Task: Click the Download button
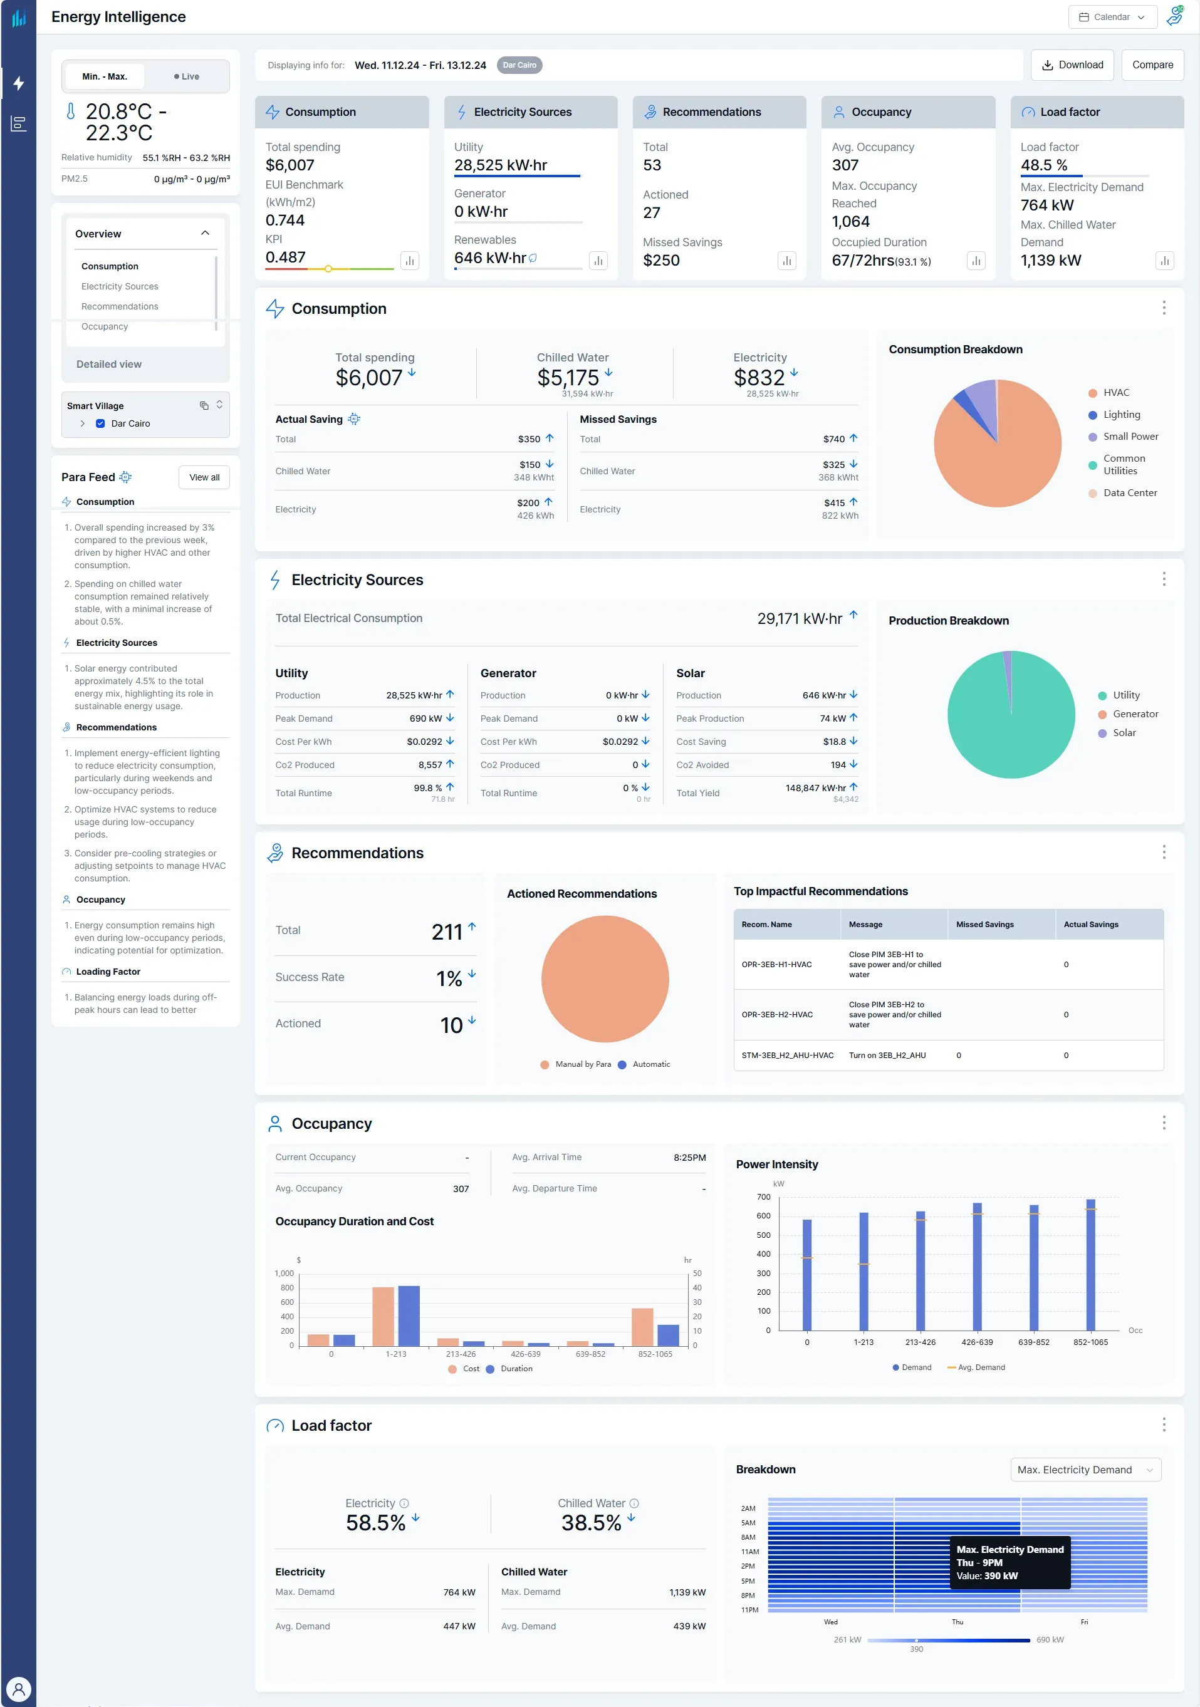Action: coord(1072,65)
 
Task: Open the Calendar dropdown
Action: coord(1112,16)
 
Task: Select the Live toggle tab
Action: coord(187,76)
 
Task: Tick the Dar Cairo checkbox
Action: coord(100,424)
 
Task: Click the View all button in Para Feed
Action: coord(204,477)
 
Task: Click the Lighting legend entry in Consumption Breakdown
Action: coord(1120,415)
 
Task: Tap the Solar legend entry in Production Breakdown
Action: coord(1124,733)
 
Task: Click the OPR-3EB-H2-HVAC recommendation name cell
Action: coord(776,1015)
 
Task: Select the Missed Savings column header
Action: coord(984,925)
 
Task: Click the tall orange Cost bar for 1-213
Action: coord(383,1316)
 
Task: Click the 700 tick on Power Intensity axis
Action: coord(764,1197)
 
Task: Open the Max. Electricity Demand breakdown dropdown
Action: coord(1085,1470)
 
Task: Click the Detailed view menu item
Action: coord(108,365)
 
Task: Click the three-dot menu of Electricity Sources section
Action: coord(1164,579)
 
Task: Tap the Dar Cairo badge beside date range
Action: coord(519,65)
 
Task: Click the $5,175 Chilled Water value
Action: coord(568,378)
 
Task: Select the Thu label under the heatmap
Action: coord(957,1622)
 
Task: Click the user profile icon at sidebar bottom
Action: coord(19,1689)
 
